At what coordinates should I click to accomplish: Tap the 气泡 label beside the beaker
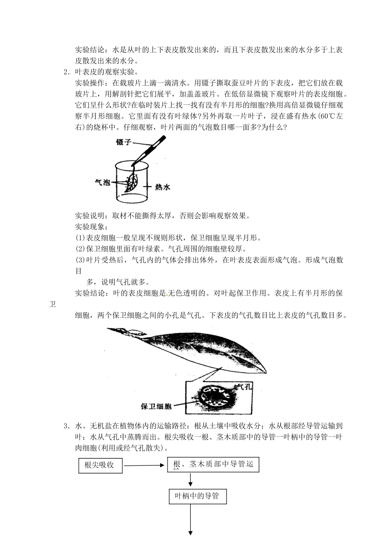click(102, 182)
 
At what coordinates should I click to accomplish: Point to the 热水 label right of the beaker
click(163, 187)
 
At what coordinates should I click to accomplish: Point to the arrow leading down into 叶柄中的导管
click(191, 480)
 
